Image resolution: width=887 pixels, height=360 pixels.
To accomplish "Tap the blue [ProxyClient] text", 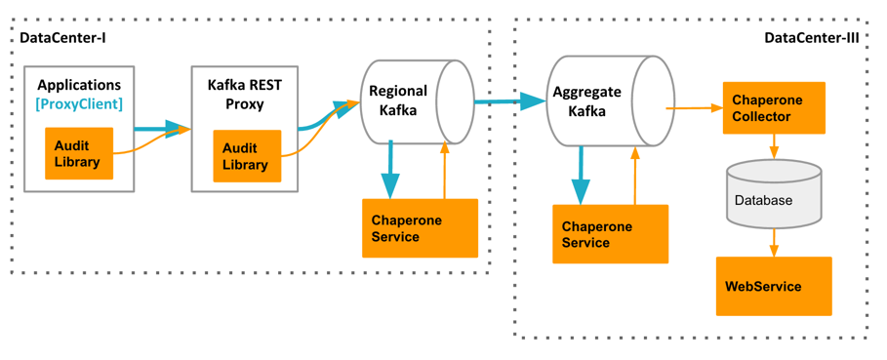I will (x=79, y=103).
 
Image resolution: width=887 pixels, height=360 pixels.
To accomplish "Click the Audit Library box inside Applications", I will (x=79, y=153).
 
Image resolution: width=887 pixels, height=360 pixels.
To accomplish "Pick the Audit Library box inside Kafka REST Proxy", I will (x=247, y=155).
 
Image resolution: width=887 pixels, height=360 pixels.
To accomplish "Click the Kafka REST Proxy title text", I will (x=246, y=95).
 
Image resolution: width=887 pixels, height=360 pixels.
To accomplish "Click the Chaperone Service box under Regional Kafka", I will (x=420, y=228).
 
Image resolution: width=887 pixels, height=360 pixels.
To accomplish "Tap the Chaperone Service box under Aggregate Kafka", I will (x=610, y=234).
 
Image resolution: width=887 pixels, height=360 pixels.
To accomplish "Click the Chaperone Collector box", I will (x=774, y=108).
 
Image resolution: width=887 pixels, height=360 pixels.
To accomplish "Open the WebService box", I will (x=774, y=287).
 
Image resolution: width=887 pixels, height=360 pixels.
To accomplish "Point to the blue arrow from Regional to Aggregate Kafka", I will (x=509, y=100).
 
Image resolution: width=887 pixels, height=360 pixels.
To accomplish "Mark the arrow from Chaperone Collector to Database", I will (x=774, y=146).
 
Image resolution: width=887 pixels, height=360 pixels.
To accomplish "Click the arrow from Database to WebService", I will (x=774, y=243).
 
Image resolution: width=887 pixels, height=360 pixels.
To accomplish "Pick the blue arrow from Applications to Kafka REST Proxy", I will (x=159, y=128).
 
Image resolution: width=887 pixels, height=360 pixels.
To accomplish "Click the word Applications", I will (x=79, y=86).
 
